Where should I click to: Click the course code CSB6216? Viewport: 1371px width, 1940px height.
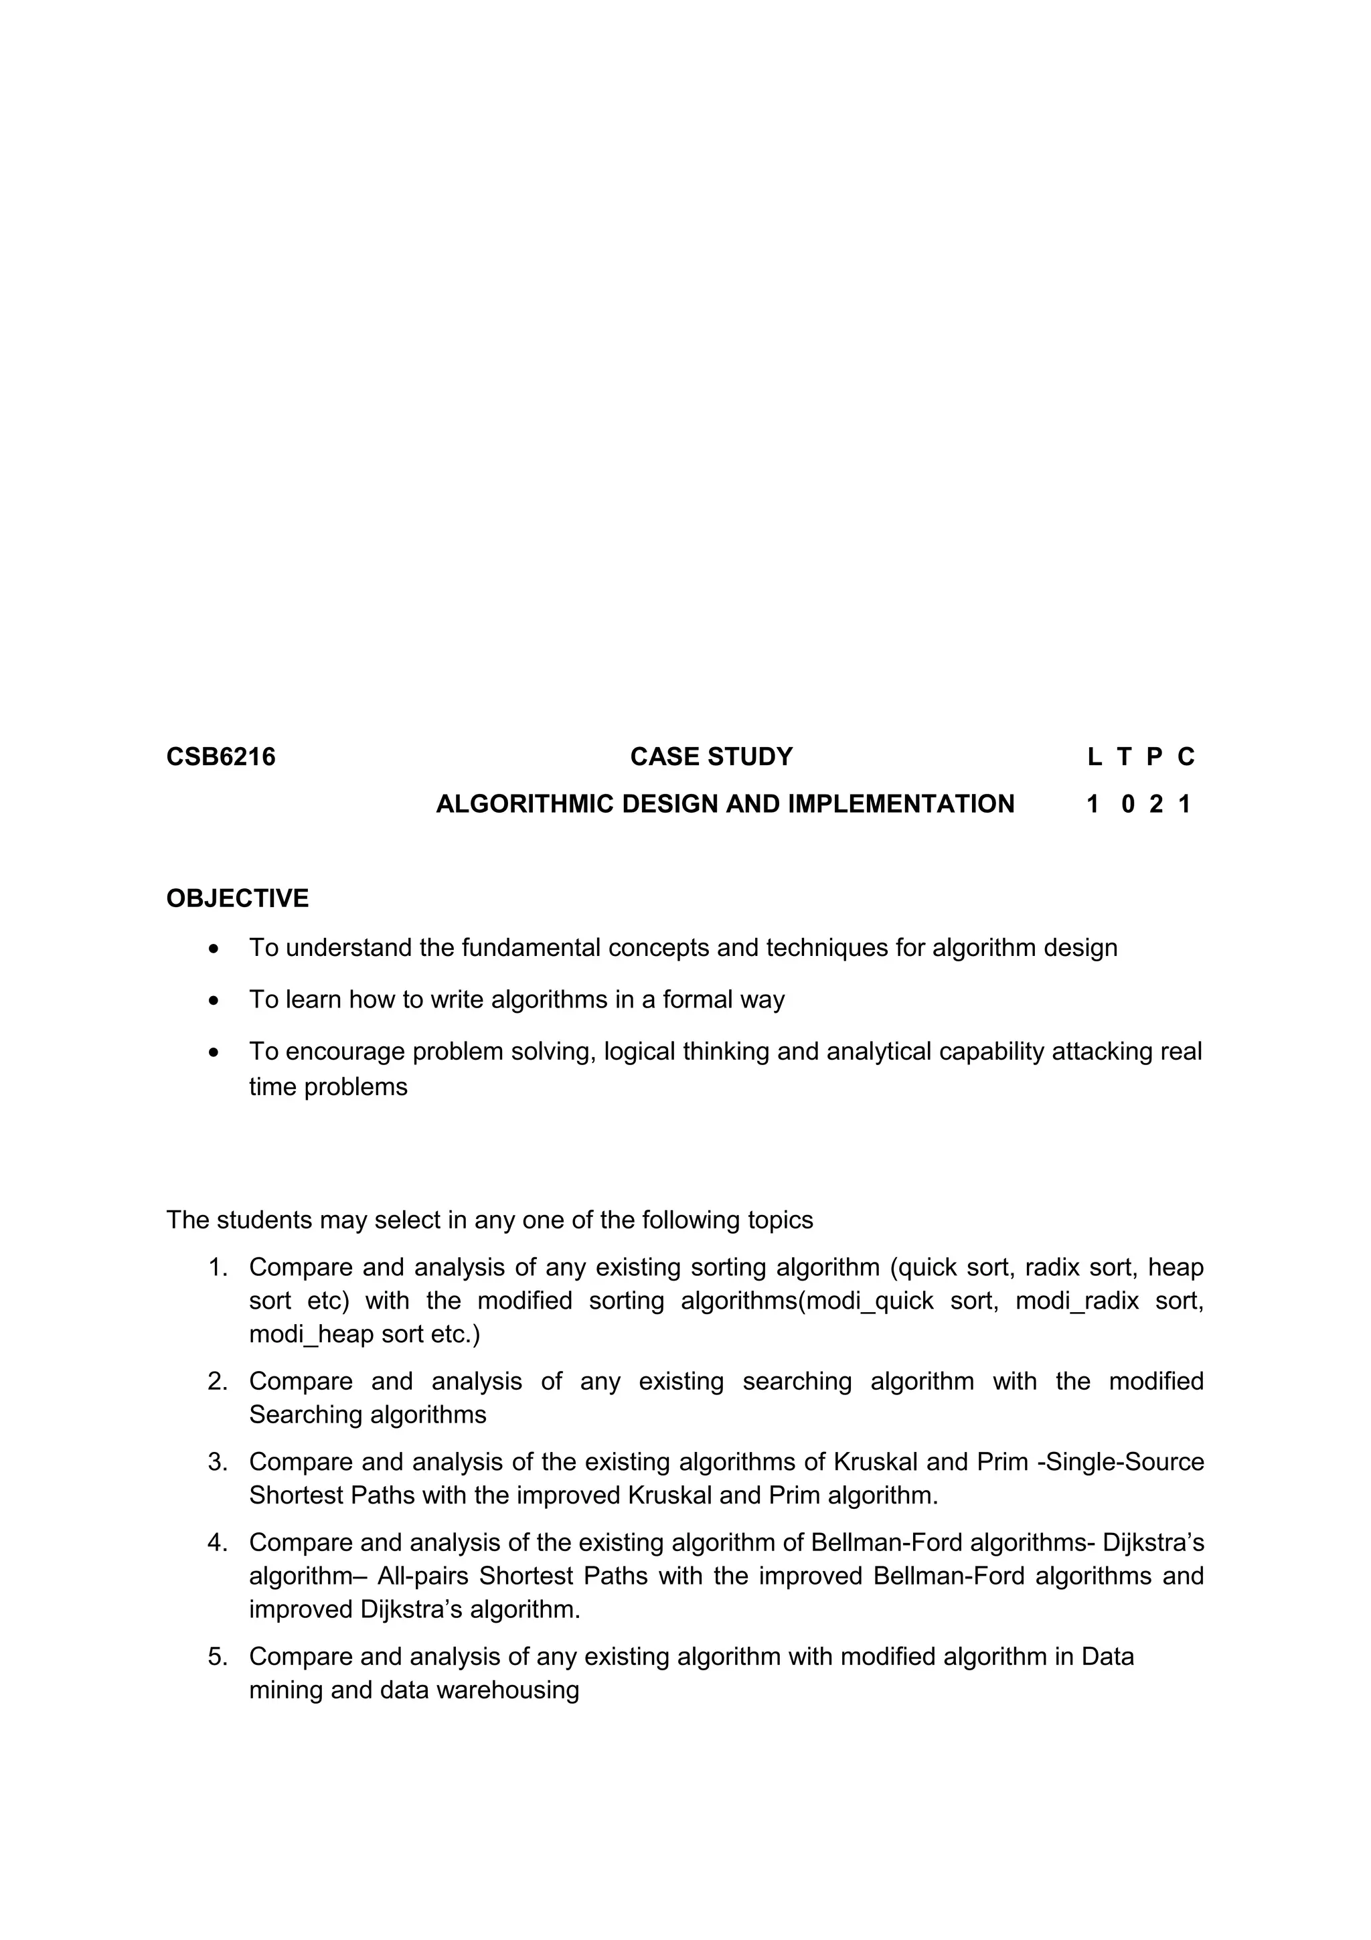pyautogui.click(x=220, y=756)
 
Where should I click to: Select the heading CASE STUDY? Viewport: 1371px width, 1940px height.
pyautogui.click(x=711, y=756)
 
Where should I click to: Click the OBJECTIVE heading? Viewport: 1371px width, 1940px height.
pyautogui.click(x=238, y=898)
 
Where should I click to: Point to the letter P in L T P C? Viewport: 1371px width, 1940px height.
pyautogui.click(x=1154, y=756)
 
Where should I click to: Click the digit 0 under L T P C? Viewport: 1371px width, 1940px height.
pyautogui.click(x=1128, y=803)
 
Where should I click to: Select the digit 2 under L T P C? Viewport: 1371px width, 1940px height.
pyautogui.click(x=1155, y=803)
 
